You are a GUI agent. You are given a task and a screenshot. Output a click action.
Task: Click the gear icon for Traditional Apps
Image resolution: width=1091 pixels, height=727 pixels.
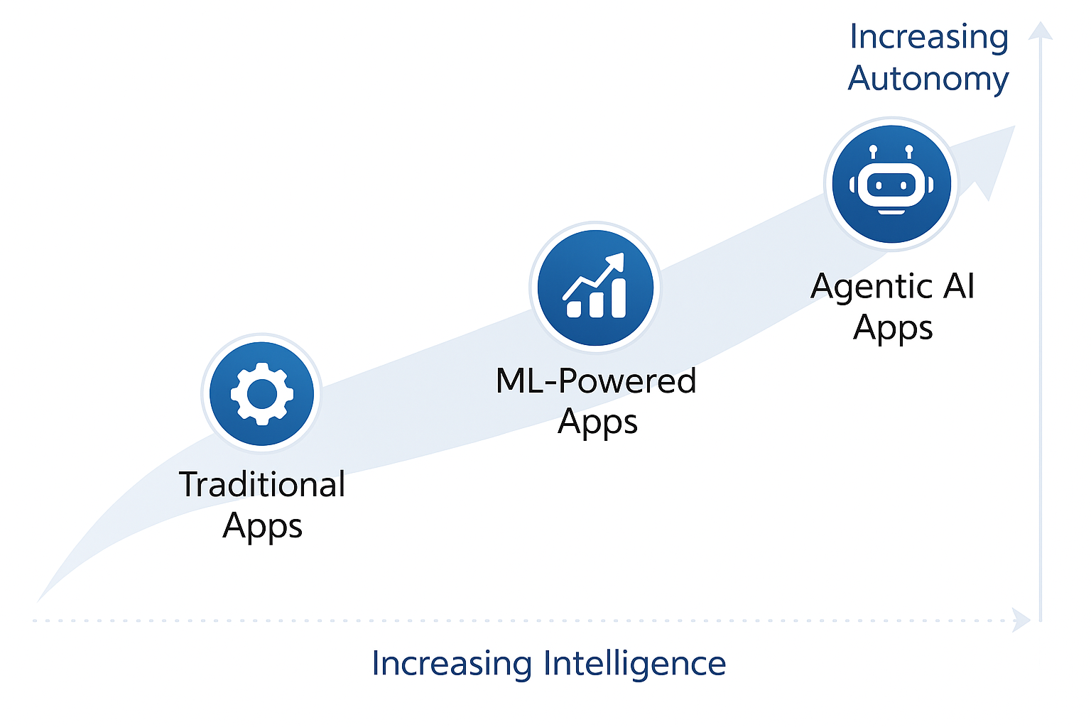coord(262,393)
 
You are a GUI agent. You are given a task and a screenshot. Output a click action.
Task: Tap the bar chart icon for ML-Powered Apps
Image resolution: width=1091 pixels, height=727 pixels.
coord(596,288)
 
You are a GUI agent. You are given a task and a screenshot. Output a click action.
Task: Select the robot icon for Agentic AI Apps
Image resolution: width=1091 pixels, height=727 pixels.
coord(891,184)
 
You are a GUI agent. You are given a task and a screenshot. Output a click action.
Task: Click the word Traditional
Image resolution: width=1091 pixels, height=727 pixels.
coord(262,485)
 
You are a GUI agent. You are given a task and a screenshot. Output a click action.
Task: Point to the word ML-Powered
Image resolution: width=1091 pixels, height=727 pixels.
coord(596,381)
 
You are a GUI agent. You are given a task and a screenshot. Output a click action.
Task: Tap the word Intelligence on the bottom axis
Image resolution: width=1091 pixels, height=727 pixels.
coord(634,664)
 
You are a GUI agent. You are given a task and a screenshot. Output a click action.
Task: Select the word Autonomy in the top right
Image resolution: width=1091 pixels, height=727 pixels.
coord(928,78)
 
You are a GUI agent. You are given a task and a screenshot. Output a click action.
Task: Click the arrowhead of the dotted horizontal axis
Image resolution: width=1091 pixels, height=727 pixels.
coord(1023,620)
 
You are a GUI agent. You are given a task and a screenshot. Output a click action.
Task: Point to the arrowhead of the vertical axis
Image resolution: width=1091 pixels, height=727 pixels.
coord(1041,30)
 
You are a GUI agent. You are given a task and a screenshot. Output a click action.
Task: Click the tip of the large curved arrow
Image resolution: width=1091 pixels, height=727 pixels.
coord(1013,128)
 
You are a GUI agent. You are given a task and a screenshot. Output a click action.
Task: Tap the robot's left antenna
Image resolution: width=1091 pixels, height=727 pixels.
coord(873,151)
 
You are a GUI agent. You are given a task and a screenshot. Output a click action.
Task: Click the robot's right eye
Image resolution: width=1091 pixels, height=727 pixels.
coord(903,185)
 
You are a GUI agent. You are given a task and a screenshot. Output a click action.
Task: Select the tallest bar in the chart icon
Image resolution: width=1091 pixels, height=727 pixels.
coord(618,297)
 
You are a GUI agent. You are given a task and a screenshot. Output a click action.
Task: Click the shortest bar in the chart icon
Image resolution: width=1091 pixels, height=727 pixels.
coord(574,309)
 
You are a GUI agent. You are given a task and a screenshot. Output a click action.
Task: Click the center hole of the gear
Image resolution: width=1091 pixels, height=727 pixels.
coord(262,393)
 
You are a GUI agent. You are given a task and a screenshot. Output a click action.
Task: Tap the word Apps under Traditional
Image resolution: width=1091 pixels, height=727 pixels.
coord(262,526)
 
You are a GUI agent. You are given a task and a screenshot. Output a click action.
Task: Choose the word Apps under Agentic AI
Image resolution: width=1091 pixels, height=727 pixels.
coord(893,328)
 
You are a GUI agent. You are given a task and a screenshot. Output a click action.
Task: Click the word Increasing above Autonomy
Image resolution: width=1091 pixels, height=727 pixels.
coord(928,37)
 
